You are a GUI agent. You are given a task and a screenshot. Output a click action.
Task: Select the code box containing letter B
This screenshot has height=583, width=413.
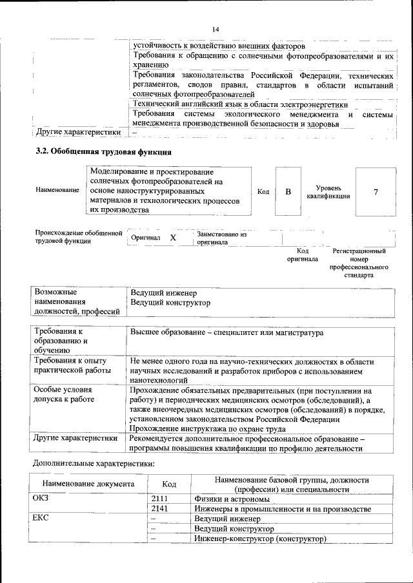[288, 192]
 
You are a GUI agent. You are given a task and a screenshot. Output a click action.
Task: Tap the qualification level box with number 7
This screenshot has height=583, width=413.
[376, 192]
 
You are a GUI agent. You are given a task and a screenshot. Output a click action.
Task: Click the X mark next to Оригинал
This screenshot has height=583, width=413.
[172, 238]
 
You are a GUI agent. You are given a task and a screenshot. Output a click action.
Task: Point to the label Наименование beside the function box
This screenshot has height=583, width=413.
[58, 191]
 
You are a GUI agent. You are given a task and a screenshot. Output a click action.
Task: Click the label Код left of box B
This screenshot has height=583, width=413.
[263, 192]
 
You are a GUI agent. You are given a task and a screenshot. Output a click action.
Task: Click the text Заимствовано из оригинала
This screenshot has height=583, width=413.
[222, 238]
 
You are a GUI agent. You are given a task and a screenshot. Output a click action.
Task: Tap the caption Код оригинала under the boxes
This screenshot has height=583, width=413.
[303, 254]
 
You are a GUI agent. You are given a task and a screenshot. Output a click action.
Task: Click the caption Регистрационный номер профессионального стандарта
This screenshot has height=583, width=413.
[359, 262]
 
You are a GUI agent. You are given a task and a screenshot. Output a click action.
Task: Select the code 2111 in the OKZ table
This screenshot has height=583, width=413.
[159, 499]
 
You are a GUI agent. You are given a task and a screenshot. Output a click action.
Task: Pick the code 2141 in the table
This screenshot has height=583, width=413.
[159, 509]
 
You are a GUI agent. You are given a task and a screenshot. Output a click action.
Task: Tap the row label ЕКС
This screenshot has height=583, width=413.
[41, 519]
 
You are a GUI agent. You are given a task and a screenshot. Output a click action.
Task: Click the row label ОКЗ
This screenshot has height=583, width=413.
[41, 499]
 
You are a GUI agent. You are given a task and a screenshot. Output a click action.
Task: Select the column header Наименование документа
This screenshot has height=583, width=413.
[88, 484]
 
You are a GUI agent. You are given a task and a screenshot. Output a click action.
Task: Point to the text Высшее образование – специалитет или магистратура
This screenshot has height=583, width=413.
[227, 332]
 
